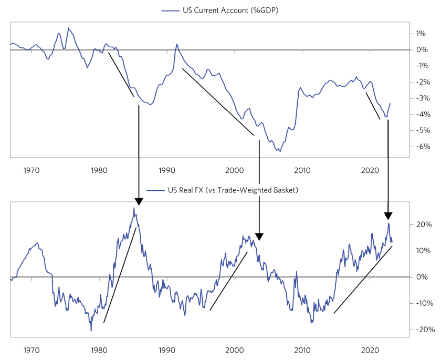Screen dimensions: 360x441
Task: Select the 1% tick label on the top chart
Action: [x=421, y=34]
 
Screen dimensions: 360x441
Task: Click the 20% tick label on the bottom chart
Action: [x=423, y=224]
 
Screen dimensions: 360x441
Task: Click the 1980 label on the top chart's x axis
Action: [x=99, y=170]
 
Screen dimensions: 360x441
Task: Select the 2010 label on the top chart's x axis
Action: [x=302, y=170]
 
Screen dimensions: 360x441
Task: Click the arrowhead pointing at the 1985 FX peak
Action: [x=139, y=201]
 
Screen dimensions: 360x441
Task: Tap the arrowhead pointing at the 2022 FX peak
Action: [x=388, y=215]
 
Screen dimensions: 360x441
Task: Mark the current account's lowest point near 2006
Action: [x=280, y=151]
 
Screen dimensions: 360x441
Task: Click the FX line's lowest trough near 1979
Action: [x=91, y=331]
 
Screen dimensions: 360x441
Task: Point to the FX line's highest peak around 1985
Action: [x=133, y=208]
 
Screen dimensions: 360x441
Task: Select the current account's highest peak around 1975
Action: [x=68, y=28]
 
